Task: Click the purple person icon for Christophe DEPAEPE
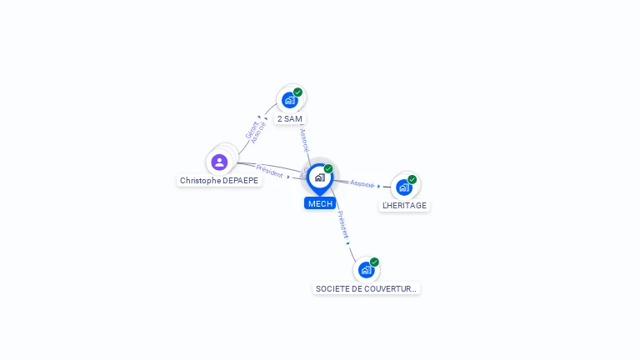(219, 162)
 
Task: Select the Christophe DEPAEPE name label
(219, 180)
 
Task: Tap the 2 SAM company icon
(289, 100)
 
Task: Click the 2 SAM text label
(290, 118)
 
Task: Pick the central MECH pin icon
(319, 177)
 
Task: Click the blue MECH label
(320, 203)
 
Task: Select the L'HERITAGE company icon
(404, 187)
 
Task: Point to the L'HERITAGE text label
(404, 205)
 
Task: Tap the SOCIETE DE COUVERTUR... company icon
(366, 270)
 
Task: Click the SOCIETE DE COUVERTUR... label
(366, 288)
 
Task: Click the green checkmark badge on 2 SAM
(297, 92)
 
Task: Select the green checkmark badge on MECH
(328, 169)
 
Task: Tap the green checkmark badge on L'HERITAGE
(412, 179)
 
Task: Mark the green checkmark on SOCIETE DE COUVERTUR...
(374, 262)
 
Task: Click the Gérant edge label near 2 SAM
(250, 129)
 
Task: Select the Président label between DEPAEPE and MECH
(269, 170)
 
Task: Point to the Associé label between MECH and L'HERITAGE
(362, 182)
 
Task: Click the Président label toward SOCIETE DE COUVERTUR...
(342, 224)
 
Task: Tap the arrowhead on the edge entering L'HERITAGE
(378, 186)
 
